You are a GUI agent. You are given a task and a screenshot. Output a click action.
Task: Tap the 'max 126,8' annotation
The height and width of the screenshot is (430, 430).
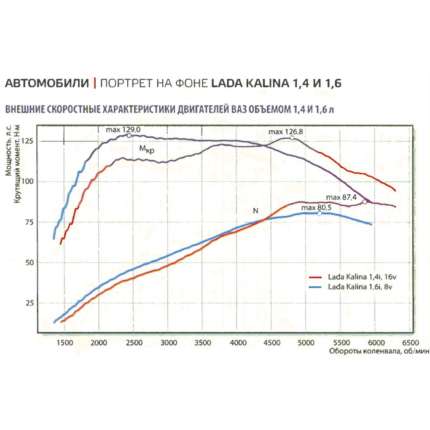[x=285, y=131]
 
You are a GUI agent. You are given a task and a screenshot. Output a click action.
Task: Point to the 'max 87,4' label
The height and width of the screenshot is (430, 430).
[x=342, y=197]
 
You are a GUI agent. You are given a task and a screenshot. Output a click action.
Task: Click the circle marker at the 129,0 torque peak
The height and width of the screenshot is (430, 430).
[x=129, y=135]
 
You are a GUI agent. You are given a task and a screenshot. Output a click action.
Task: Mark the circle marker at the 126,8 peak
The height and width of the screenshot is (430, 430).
[x=292, y=138]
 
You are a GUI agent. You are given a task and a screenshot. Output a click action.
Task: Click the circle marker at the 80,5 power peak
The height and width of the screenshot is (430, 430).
[x=319, y=213]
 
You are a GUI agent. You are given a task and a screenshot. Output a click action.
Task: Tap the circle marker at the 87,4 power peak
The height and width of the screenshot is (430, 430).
[x=365, y=201]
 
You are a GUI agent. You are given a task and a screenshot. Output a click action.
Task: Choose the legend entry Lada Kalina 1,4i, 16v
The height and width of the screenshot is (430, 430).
[x=354, y=278]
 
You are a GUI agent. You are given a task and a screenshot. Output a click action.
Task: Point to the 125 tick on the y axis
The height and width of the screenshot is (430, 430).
[x=28, y=141]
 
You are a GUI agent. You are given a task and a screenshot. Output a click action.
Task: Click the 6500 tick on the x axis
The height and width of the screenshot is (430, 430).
[x=408, y=343]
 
